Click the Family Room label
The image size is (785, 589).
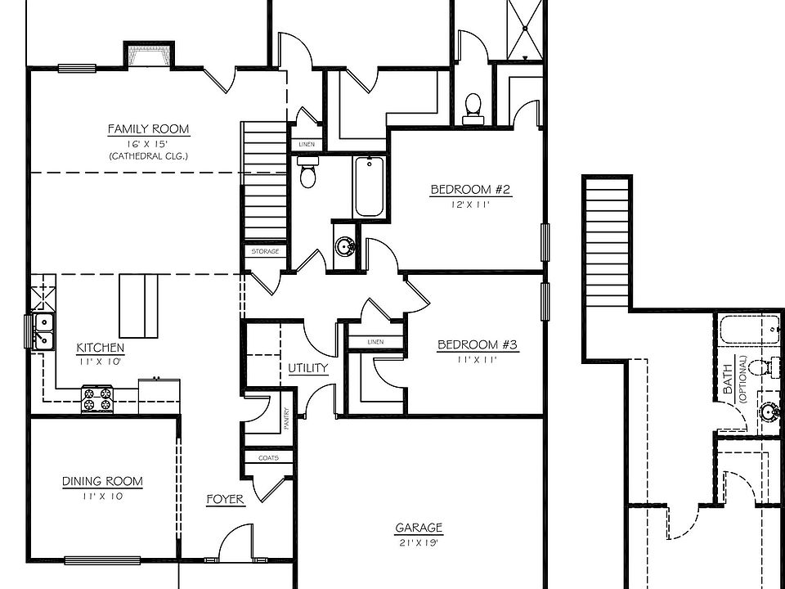pyautogui.click(x=148, y=129)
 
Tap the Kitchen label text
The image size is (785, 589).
pyautogui.click(x=100, y=348)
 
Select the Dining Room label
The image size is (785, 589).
pyautogui.click(x=102, y=482)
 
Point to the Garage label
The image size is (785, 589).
pyautogui.click(x=419, y=528)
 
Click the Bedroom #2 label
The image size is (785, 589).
pyautogui.click(x=470, y=191)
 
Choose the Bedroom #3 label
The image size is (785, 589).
pyautogui.click(x=478, y=344)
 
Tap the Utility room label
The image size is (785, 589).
pyautogui.click(x=307, y=368)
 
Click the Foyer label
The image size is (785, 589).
pyautogui.click(x=225, y=499)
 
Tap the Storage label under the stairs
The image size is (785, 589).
pyautogui.click(x=265, y=252)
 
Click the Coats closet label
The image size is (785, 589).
pyautogui.click(x=268, y=458)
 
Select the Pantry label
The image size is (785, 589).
pyautogui.click(x=287, y=420)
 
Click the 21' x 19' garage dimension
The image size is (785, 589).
pyautogui.click(x=419, y=542)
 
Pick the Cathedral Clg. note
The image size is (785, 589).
pyautogui.click(x=148, y=155)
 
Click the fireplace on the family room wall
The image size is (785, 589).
pyautogui.click(x=147, y=55)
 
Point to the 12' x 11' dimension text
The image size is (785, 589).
pyautogui.click(x=470, y=205)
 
